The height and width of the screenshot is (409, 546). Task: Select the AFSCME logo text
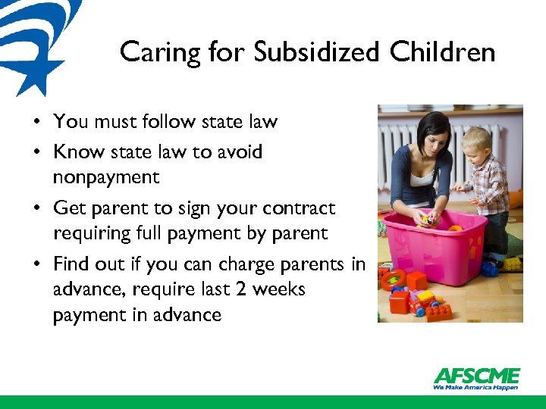pos(476,376)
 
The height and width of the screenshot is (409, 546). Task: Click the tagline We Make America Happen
pos(476,387)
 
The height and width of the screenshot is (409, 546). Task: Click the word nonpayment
pos(106,178)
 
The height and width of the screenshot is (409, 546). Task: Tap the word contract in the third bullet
pos(301,208)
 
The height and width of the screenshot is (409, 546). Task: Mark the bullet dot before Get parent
pos(36,208)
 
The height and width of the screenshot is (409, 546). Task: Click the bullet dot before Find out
pos(36,264)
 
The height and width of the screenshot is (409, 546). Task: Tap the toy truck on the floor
pos(421,301)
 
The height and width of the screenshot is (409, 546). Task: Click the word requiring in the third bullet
pos(93,233)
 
